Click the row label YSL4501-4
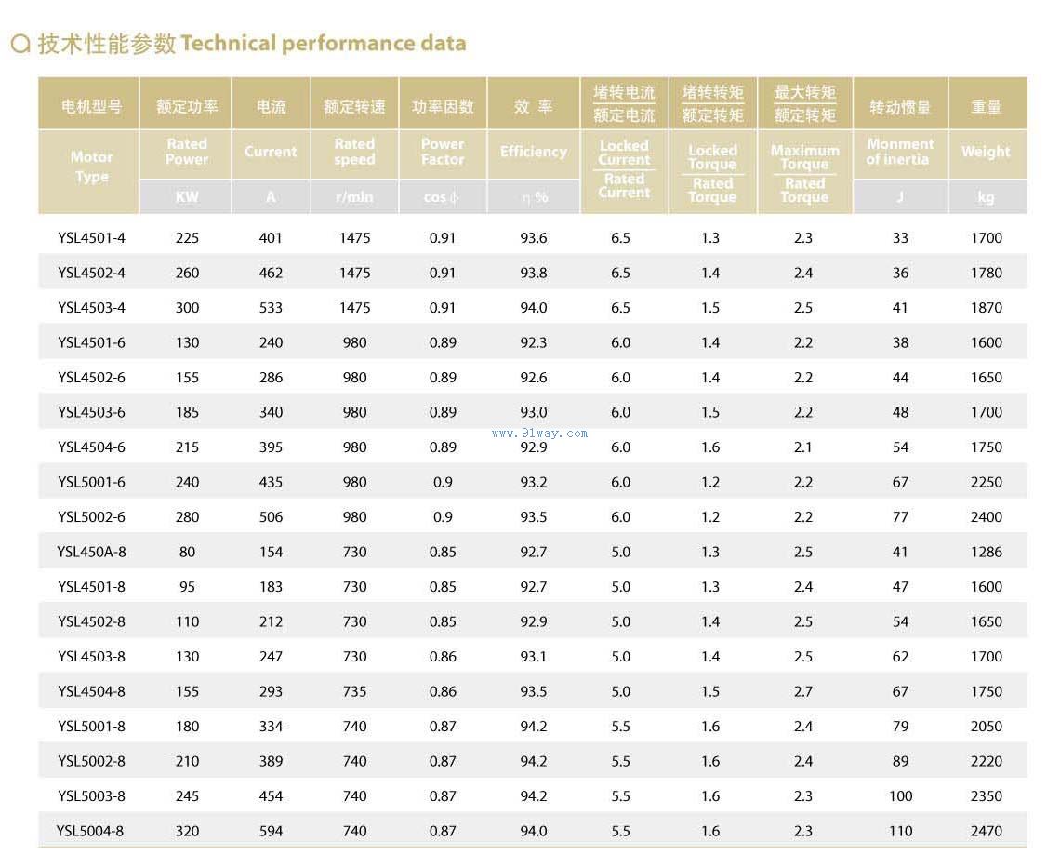click(x=91, y=238)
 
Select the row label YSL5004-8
click(x=90, y=831)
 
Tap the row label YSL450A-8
click(x=91, y=552)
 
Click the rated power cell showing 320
click(x=187, y=831)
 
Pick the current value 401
click(x=271, y=238)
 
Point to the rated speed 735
click(x=354, y=691)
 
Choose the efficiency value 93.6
click(x=534, y=238)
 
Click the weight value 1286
click(x=986, y=552)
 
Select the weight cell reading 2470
click(x=986, y=831)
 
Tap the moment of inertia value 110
click(x=900, y=831)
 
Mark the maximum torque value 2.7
click(x=803, y=691)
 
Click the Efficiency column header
click(x=534, y=152)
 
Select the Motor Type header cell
click(x=91, y=167)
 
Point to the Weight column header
click(x=986, y=152)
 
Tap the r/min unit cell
click(x=354, y=197)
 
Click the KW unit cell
click(x=187, y=197)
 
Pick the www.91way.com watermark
click(x=539, y=433)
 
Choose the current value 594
click(x=271, y=831)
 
